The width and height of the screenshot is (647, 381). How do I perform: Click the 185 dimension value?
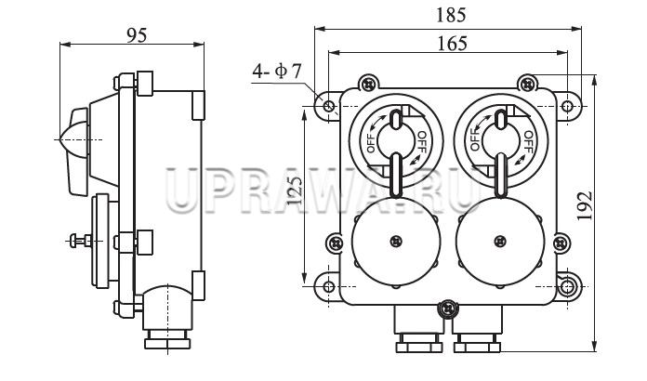[x=451, y=15]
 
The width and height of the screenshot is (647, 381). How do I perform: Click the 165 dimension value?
[x=452, y=44]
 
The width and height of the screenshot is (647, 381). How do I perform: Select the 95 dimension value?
[x=137, y=35]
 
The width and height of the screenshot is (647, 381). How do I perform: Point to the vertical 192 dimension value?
[x=585, y=205]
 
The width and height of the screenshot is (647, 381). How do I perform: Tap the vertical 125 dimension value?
[x=295, y=190]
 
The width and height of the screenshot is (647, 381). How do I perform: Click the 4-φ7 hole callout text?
[x=277, y=72]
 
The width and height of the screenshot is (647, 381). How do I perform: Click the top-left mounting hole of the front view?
[x=328, y=106]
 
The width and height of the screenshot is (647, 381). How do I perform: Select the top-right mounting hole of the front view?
[x=567, y=106]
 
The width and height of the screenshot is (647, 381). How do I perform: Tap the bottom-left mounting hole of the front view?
[x=328, y=286]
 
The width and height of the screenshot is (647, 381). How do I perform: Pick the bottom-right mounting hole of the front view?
[x=567, y=286]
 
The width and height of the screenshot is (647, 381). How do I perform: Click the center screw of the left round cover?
[x=396, y=242]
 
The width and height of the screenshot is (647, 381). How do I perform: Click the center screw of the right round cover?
[x=500, y=242]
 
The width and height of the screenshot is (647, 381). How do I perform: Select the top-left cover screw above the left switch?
[x=368, y=85]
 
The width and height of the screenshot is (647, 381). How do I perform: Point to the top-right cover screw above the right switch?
[x=528, y=85]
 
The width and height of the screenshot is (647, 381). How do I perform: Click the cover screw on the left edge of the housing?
[x=335, y=243]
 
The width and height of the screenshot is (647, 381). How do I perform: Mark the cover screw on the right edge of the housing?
[x=561, y=243]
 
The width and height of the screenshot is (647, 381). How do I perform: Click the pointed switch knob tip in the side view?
[x=61, y=139]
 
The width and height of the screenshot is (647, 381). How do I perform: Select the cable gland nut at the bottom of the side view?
[x=167, y=343]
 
